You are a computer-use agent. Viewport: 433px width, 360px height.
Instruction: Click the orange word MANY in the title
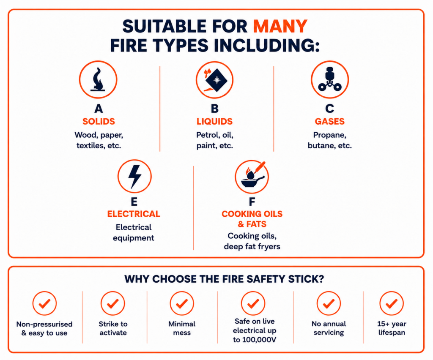click(x=280, y=26)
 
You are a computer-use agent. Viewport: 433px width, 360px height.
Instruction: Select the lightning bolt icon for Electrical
click(x=135, y=177)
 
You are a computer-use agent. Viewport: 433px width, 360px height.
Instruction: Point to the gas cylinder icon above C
click(x=330, y=79)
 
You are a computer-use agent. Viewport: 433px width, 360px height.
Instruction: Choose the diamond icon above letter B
click(x=216, y=80)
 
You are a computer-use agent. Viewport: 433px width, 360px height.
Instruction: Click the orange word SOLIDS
click(x=99, y=121)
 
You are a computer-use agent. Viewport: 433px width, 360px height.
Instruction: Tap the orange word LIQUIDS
click(x=214, y=121)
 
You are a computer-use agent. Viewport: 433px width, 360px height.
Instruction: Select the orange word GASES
click(x=330, y=121)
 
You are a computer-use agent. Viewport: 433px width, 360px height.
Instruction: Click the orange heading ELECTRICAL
click(x=134, y=214)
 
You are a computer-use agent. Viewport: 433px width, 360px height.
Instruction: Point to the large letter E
click(x=134, y=202)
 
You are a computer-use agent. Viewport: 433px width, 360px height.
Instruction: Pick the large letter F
click(x=252, y=202)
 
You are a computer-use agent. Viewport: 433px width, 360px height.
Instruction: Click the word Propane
click(x=329, y=135)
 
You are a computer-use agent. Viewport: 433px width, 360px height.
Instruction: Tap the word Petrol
click(x=205, y=135)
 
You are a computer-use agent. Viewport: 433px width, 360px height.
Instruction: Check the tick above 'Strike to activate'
click(x=112, y=303)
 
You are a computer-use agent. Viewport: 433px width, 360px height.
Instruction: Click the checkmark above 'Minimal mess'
click(x=182, y=303)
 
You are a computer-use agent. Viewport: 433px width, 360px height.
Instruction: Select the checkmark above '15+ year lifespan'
click(x=392, y=303)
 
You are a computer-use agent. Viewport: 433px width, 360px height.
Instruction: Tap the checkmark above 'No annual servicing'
click(x=329, y=303)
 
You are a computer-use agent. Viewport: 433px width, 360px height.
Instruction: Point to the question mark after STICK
click(x=321, y=279)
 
